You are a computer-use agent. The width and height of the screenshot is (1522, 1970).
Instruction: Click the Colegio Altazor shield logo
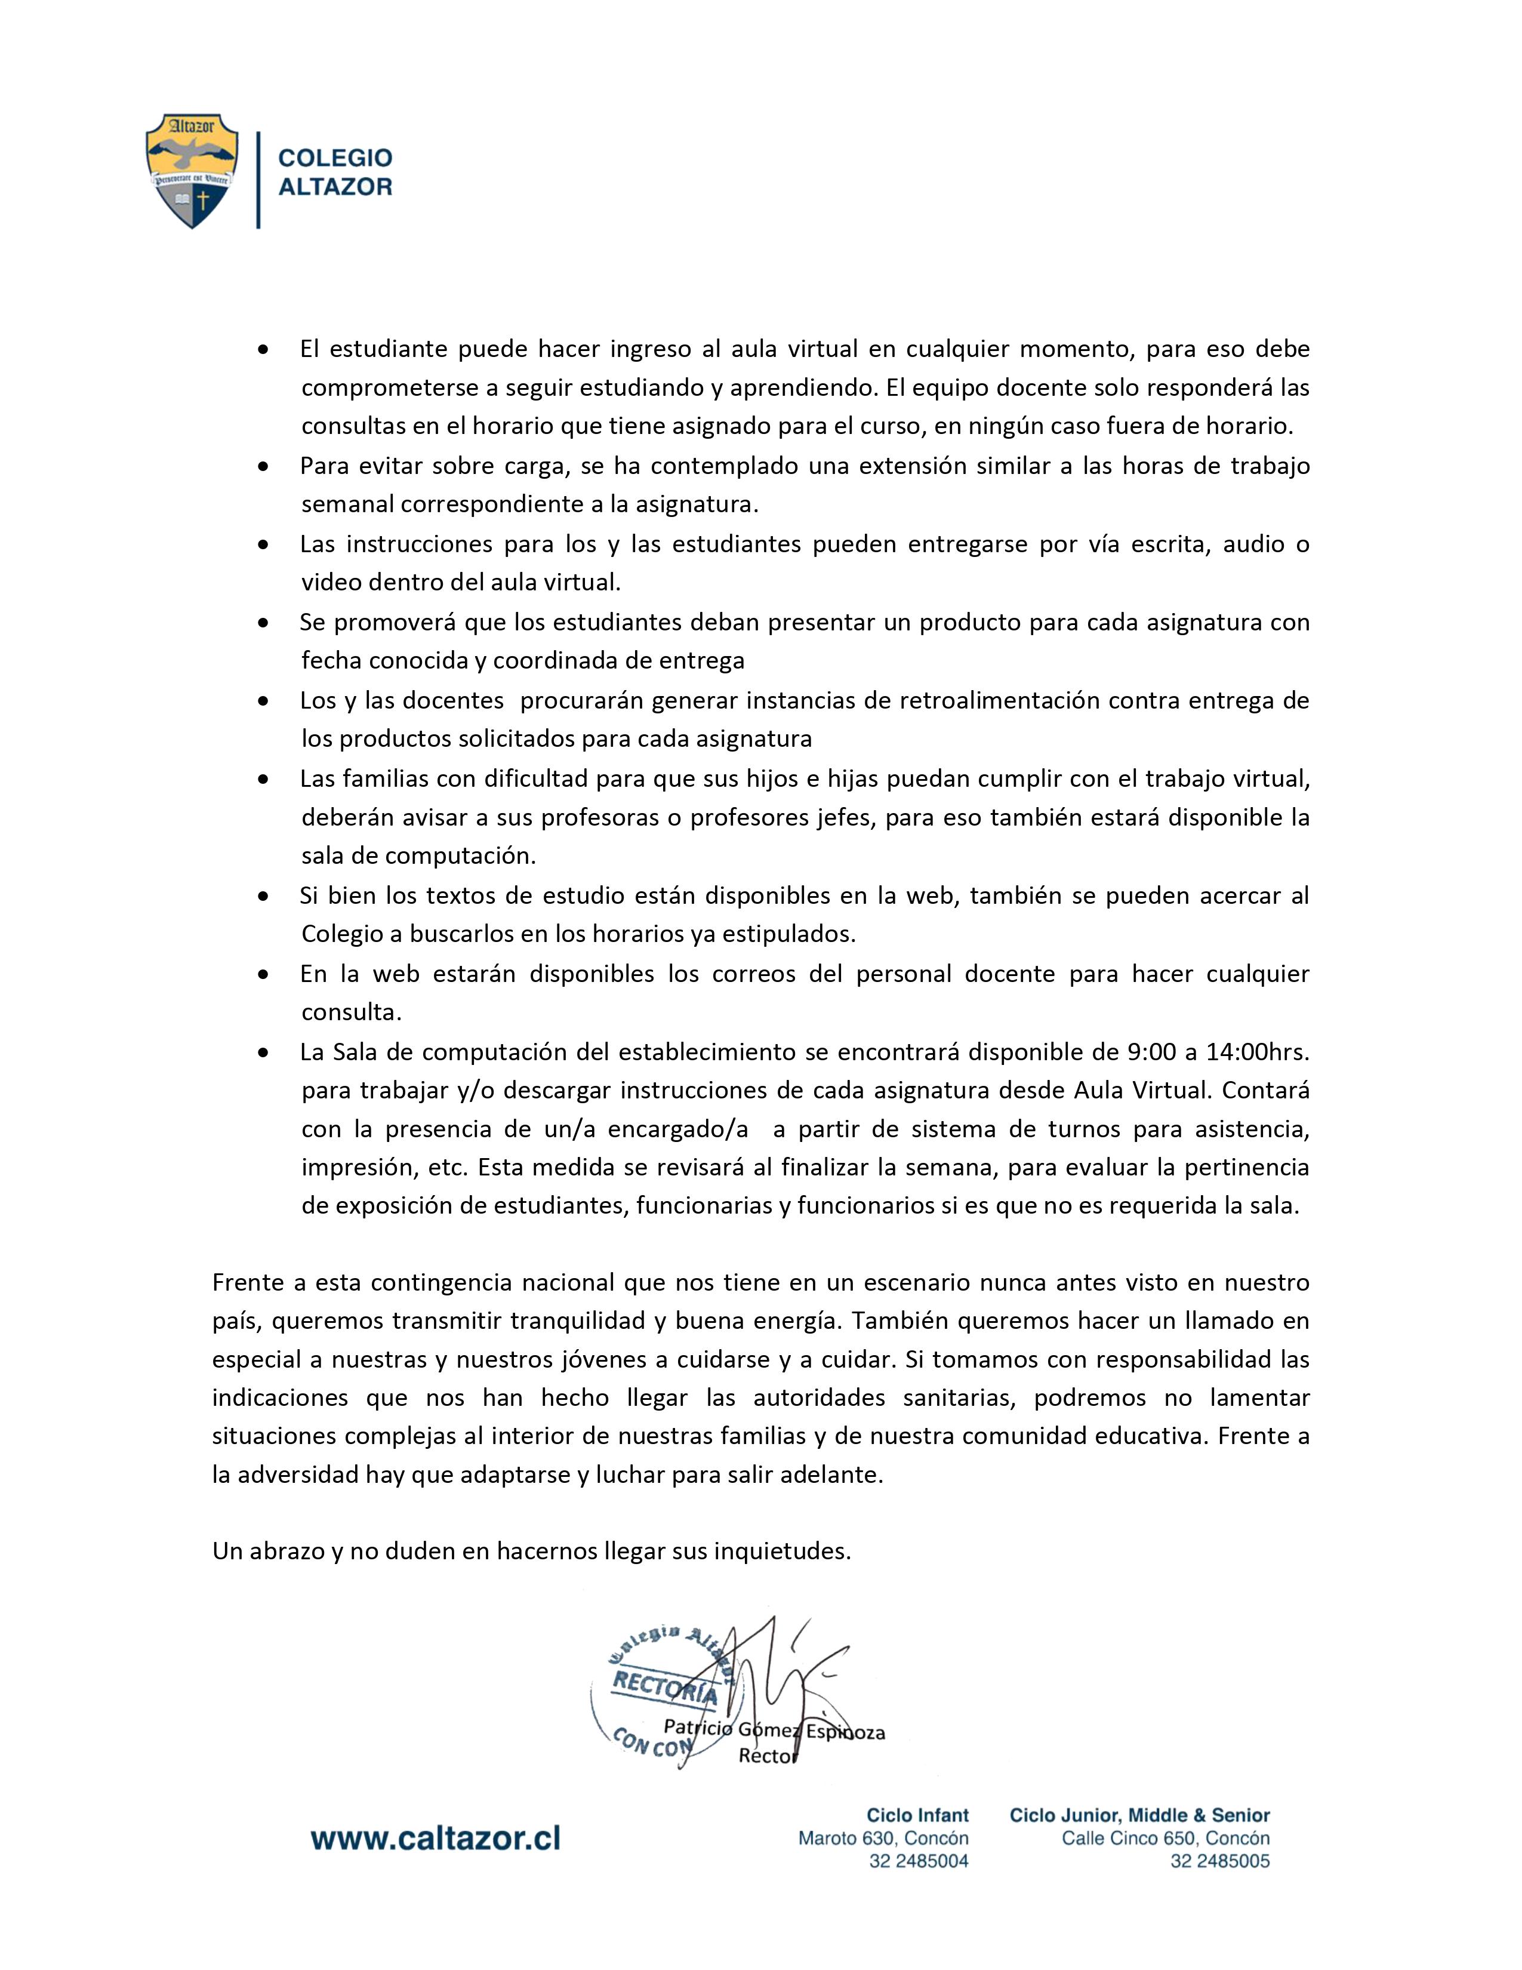192,171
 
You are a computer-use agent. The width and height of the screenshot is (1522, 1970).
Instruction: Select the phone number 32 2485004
918,1861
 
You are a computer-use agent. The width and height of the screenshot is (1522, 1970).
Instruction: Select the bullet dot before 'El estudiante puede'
263,349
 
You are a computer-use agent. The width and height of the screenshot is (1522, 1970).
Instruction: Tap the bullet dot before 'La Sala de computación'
263,1052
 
